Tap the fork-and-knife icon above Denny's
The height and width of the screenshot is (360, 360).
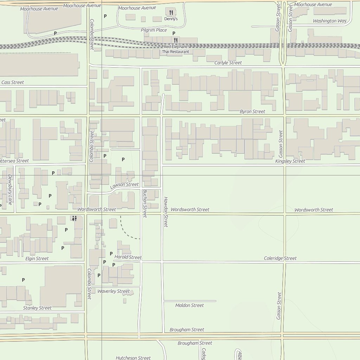171,13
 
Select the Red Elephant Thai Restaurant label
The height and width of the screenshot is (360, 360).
175,49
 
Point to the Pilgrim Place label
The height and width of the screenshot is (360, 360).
154,30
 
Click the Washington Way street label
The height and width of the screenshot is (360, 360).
329,21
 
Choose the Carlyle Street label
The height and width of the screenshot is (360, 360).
228,63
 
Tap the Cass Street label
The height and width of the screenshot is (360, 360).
13,82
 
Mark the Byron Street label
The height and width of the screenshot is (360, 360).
252,111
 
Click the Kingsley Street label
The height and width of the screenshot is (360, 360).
290,161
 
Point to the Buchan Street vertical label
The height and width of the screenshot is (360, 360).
144,203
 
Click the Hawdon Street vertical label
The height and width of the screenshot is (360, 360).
166,212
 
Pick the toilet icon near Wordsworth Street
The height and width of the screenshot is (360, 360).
74,219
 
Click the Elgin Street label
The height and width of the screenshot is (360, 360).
37,258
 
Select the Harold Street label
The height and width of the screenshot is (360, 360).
128,257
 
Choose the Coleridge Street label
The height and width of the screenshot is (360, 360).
280,258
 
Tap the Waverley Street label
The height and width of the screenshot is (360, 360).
114,291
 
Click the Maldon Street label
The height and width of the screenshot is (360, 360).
189,305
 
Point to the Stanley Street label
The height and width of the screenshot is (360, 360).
37,308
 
